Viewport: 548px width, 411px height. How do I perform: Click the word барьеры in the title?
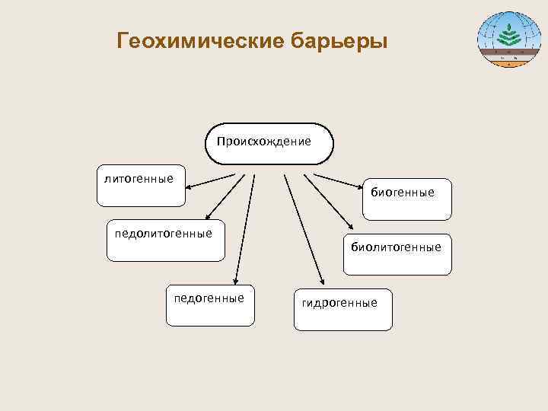[339, 40]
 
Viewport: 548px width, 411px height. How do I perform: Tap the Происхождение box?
[270, 142]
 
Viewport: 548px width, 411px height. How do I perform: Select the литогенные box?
[141, 184]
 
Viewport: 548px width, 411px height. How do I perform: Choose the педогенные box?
[210, 304]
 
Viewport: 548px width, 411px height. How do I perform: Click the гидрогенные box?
[342, 309]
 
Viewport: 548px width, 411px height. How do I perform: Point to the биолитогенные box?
[397, 253]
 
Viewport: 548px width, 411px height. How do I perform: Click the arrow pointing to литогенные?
[211, 180]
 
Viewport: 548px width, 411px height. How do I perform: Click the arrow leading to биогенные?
[339, 180]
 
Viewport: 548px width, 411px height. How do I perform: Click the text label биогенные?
[403, 193]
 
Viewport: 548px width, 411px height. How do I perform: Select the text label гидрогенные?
[339, 303]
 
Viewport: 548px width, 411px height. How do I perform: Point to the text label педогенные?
[209, 298]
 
